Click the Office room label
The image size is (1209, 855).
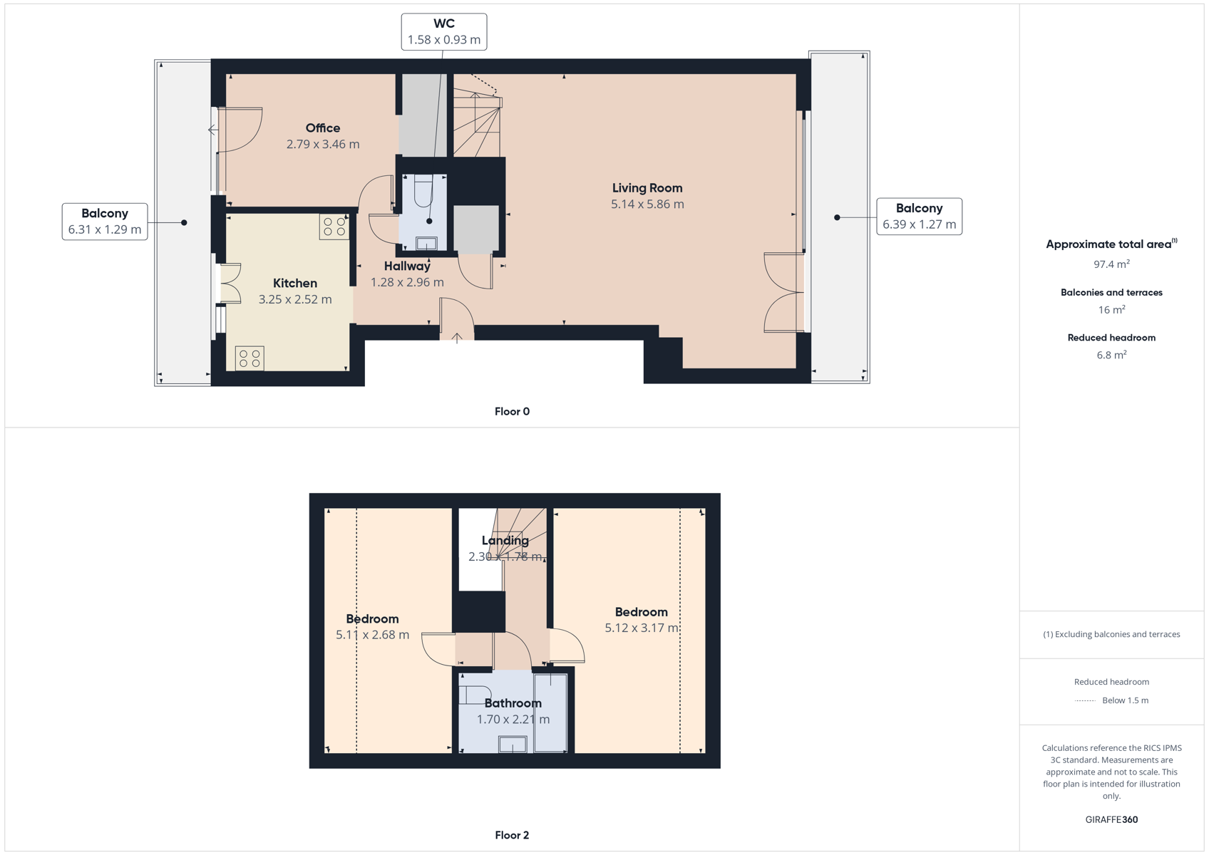[323, 128]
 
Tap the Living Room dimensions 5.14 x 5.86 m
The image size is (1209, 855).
[647, 204]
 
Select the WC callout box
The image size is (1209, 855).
[443, 32]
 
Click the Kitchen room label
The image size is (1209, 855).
[294, 283]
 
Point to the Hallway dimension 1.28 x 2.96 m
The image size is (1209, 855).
[407, 282]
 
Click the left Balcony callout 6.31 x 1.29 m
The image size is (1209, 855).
[105, 222]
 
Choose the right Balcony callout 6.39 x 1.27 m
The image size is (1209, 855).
[919, 217]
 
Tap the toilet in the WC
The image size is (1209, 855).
[423, 191]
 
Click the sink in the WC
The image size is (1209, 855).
[426, 244]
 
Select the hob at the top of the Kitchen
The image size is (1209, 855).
[334, 227]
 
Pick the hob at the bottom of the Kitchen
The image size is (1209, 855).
[249, 358]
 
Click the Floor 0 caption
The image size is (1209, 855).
[513, 412]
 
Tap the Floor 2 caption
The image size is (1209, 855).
[513, 835]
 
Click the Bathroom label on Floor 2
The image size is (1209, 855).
[513, 703]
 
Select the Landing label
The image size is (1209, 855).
[505, 541]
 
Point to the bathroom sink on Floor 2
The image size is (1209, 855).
[513, 745]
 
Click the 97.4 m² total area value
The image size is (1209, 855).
[1111, 264]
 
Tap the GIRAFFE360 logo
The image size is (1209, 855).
[1111, 819]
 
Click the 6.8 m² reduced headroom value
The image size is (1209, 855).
[1111, 354]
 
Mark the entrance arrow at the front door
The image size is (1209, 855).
[457, 338]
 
